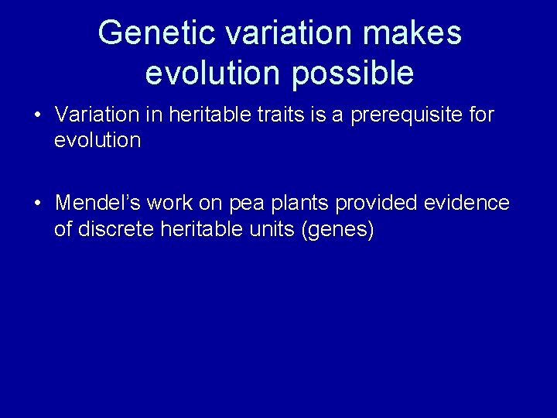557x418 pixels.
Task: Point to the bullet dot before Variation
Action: pyautogui.click(x=37, y=116)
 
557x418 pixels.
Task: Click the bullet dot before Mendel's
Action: pyautogui.click(x=37, y=204)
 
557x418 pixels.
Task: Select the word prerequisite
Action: pyautogui.click(x=399, y=115)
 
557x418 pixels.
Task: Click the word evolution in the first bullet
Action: pyautogui.click(x=97, y=141)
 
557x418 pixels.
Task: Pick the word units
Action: pyautogui.click(x=268, y=229)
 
